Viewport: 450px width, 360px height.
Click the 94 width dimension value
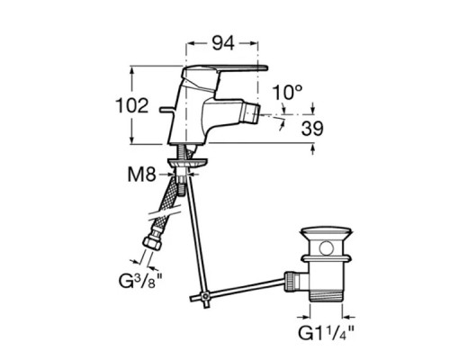click(223, 43)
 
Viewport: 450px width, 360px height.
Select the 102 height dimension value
click(132, 105)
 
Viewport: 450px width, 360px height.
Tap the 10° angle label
click(287, 92)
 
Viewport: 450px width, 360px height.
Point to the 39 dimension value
click(312, 129)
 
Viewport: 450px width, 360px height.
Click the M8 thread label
click(141, 175)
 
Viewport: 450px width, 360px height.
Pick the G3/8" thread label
click(140, 281)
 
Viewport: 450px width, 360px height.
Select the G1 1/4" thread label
click(326, 333)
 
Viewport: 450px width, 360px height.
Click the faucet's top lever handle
click(224, 71)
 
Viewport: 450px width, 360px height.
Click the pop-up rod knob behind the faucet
click(167, 110)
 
